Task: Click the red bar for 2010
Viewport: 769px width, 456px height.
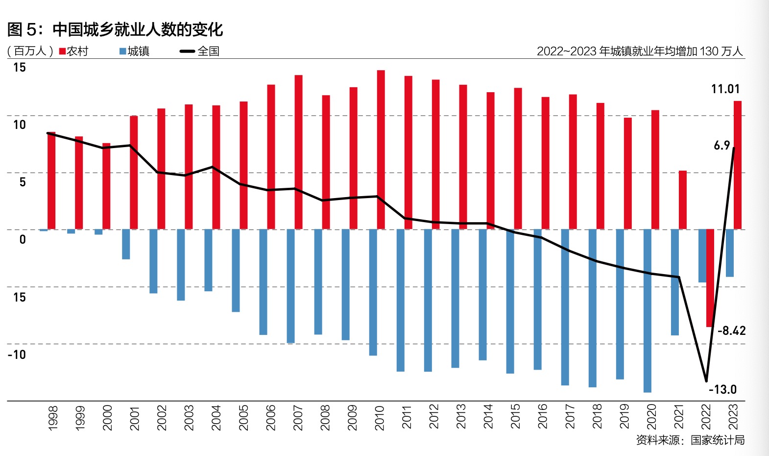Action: (x=381, y=150)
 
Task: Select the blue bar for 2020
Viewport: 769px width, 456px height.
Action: (x=647, y=311)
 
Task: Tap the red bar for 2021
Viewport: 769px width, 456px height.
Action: (x=682, y=200)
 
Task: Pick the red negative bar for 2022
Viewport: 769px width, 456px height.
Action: (x=710, y=278)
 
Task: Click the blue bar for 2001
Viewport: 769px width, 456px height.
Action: (x=126, y=244)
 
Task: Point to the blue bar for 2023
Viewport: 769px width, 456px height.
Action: (x=729, y=253)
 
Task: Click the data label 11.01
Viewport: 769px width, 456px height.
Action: (x=725, y=89)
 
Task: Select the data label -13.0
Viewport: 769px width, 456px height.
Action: (x=722, y=390)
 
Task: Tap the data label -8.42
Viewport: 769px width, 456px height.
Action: (x=731, y=331)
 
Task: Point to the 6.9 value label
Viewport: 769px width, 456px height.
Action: (x=721, y=146)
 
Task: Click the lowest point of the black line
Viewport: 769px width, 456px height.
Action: (x=706, y=380)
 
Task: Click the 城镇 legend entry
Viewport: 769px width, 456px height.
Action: (x=135, y=51)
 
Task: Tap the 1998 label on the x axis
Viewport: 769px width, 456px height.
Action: (x=53, y=418)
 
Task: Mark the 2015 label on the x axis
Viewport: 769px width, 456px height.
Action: (x=515, y=416)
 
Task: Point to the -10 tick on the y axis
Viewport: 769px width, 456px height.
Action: (x=17, y=355)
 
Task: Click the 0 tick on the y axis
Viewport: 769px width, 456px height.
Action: (x=23, y=240)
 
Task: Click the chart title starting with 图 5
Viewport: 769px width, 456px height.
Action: (x=115, y=29)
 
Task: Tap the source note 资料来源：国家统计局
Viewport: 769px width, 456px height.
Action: (x=690, y=440)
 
